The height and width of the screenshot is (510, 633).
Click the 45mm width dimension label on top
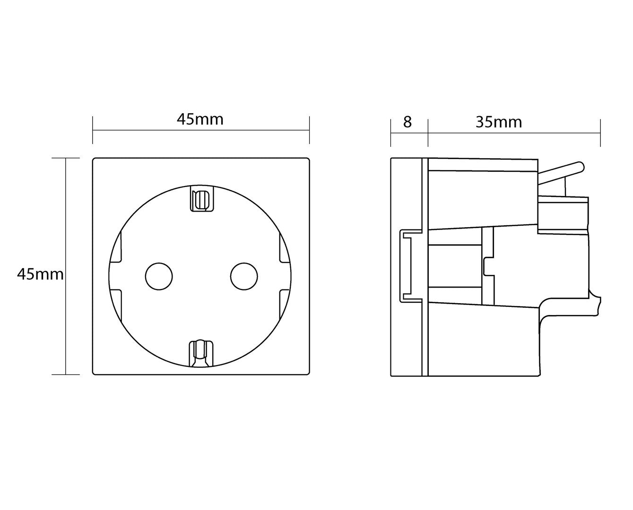[200, 120]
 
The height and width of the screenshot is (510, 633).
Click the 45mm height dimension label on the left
[40, 275]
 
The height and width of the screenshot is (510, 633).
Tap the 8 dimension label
[408, 122]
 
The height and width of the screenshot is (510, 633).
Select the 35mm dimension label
[499, 122]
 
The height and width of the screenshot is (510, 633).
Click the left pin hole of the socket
[159, 276]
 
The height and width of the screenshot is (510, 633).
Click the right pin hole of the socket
[244, 276]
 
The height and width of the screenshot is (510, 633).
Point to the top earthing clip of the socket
[201, 198]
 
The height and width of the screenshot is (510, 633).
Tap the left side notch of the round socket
[116, 276]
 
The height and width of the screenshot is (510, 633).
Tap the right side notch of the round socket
[285, 276]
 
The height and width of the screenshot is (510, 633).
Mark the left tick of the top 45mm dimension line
[93, 130]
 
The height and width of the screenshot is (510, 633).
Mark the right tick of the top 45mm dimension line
[310, 130]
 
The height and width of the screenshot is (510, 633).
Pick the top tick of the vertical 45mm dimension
[66, 158]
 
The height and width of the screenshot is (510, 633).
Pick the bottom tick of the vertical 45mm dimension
[66, 374]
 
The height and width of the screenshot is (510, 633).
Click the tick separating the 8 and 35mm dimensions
[428, 133]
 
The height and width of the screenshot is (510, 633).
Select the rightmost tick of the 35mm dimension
[600, 133]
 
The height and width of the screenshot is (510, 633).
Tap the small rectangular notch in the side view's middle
[489, 267]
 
